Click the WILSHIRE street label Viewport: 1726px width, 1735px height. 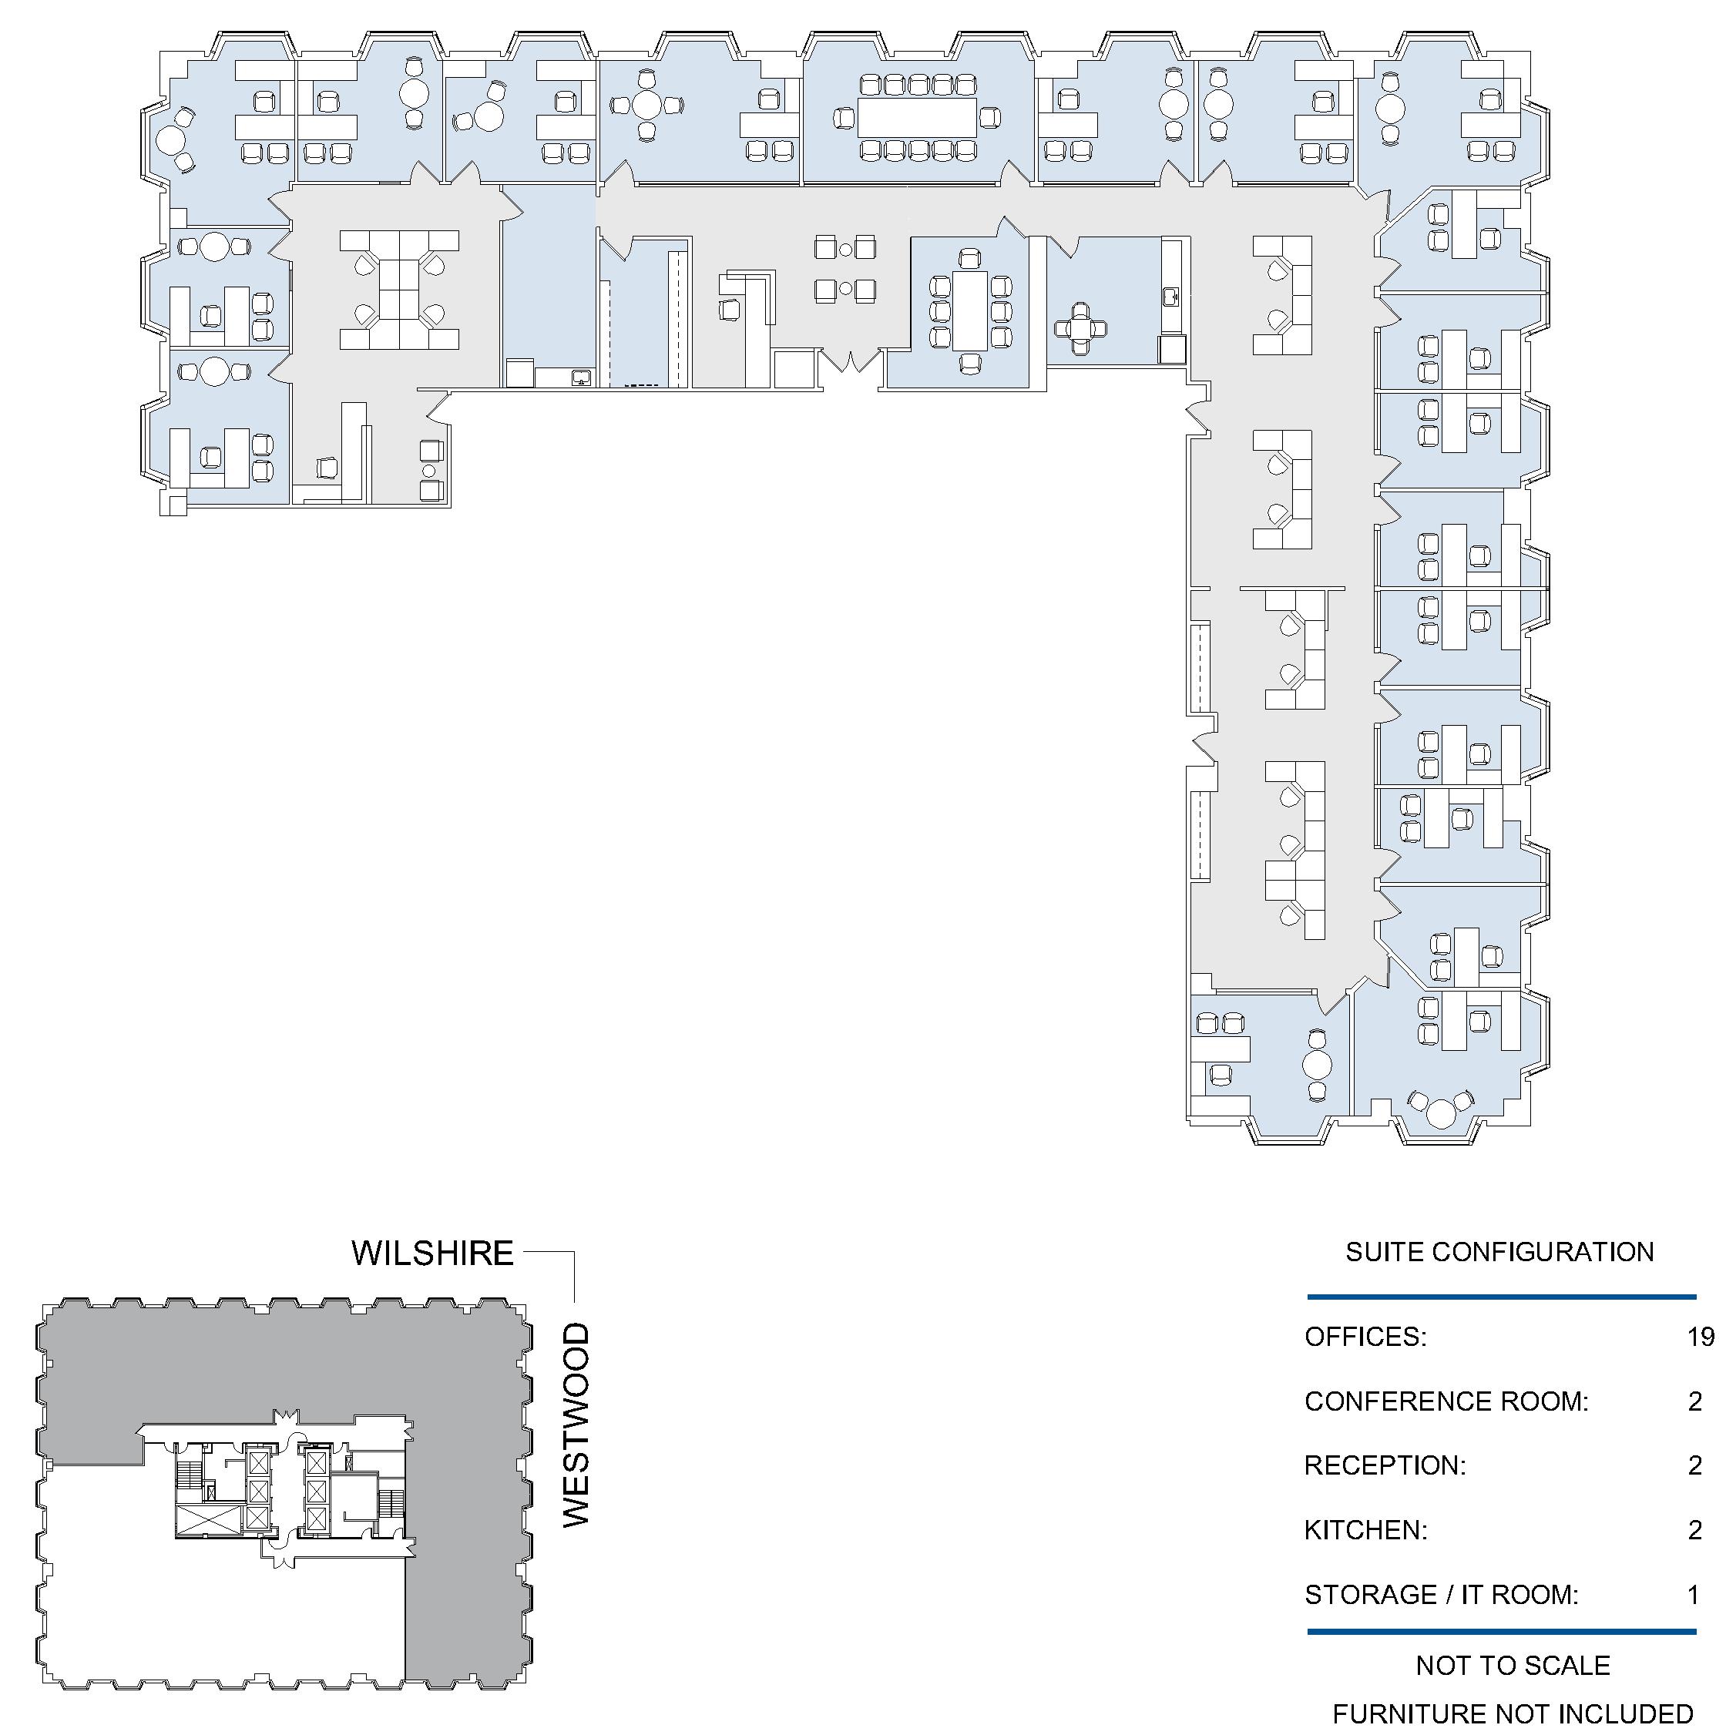(x=432, y=1253)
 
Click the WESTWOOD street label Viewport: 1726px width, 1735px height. (x=576, y=1425)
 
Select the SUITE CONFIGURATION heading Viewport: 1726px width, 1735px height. (x=1499, y=1252)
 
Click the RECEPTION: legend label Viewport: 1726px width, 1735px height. (x=1385, y=1465)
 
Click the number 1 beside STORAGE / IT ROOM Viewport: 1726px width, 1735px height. (x=1694, y=1595)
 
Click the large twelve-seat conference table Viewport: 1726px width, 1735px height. (x=917, y=117)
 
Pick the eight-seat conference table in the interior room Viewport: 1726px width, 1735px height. (x=970, y=310)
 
